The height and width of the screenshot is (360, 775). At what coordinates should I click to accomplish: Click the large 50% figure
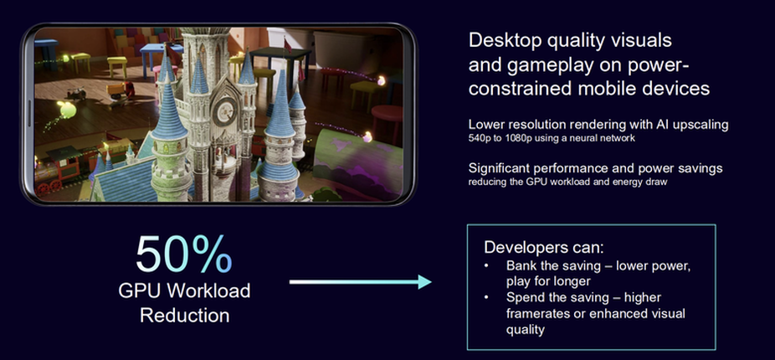tap(183, 255)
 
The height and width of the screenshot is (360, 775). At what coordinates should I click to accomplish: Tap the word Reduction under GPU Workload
tap(184, 315)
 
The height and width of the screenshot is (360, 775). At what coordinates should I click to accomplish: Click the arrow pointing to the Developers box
tap(361, 282)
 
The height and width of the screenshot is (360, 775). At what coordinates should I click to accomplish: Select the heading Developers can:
tap(544, 247)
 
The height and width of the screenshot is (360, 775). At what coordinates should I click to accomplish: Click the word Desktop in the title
tap(506, 41)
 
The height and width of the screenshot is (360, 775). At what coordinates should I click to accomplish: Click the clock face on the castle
tap(224, 112)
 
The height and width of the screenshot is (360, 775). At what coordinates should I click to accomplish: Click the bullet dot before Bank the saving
tap(487, 266)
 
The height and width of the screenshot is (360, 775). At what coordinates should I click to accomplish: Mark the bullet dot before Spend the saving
tap(487, 298)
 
